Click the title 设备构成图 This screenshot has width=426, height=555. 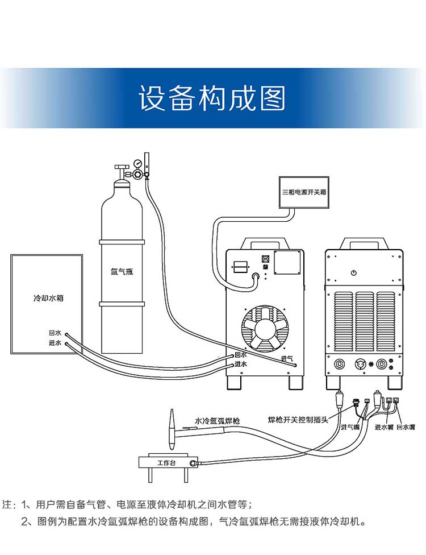(x=212, y=98)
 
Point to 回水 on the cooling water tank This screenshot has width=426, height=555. (x=55, y=333)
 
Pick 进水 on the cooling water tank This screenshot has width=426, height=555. (x=55, y=343)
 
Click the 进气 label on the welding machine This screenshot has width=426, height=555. (x=287, y=358)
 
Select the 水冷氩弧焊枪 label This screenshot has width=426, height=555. (x=217, y=421)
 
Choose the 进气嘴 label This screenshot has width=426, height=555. (x=350, y=427)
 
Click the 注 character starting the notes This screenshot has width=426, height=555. (x=8, y=504)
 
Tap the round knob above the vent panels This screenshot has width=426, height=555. (x=353, y=273)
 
